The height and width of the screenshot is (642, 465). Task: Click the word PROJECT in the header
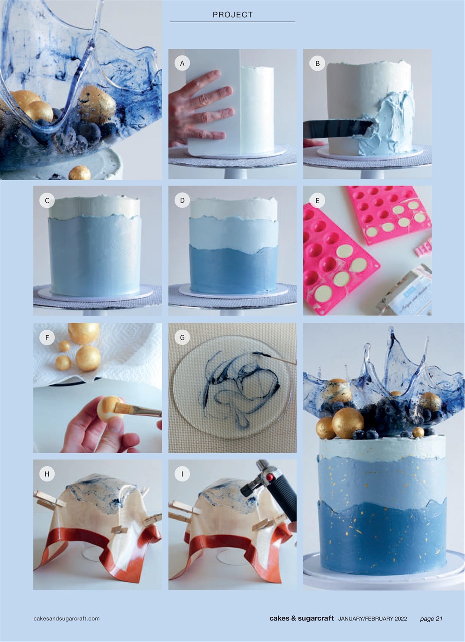point(233,15)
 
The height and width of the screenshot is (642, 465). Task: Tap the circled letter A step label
point(182,63)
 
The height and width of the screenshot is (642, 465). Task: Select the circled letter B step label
point(317,63)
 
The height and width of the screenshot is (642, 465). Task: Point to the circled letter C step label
point(47,201)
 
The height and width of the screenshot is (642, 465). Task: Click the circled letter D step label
point(182,201)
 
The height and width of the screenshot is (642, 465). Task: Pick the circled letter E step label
point(317,201)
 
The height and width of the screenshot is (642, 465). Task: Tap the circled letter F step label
point(47,338)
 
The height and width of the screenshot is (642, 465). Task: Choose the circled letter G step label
point(182,338)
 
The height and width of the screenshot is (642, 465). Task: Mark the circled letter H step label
point(47,474)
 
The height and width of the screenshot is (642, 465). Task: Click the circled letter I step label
point(182,474)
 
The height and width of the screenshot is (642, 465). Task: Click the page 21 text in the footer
point(431,618)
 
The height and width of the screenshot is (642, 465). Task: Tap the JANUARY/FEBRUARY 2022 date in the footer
point(372,618)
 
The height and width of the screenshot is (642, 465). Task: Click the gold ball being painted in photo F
point(107,409)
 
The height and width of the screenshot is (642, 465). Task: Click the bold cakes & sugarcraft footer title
point(301,618)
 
